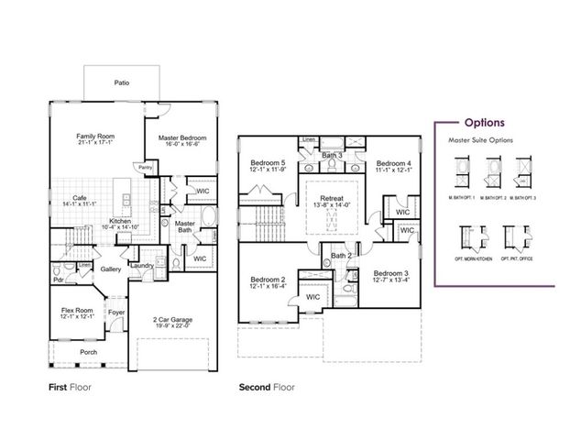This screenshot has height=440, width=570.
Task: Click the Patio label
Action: click(121, 82)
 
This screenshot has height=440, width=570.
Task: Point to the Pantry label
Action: click(145, 168)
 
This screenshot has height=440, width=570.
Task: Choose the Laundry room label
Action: click(141, 265)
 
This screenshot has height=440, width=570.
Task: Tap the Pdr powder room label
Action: click(57, 280)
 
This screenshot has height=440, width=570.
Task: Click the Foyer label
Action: click(116, 312)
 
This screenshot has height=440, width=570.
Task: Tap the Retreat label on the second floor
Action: click(332, 199)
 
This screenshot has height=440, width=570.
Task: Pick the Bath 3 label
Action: click(333, 156)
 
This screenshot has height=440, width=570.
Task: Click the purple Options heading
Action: click(483, 121)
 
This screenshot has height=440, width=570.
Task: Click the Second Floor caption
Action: click(268, 388)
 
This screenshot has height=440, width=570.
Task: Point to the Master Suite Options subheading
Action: click(480, 140)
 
